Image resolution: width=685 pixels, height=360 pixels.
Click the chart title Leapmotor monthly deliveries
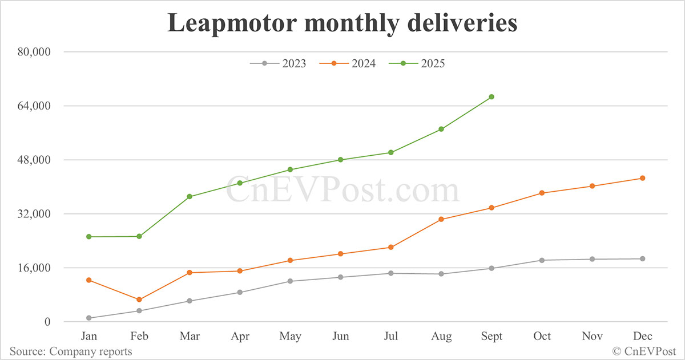coord(342,23)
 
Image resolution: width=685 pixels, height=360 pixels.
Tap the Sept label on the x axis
coord(491,337)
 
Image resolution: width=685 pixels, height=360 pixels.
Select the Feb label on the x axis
coord(139,337)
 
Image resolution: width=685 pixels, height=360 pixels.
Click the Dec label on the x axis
coord(642,337)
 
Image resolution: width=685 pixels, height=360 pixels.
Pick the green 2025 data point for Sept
coord(491,97)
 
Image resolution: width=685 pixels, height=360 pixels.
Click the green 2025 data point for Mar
coord(190,197)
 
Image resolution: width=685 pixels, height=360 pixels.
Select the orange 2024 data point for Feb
coord(139,300)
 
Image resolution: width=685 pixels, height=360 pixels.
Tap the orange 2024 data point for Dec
coord(642,178)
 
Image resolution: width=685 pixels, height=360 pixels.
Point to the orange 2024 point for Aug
coord(441,219)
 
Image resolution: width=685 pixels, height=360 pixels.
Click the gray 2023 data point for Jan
coord(89,318)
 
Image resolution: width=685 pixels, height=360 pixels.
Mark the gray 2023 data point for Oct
coord(542,260)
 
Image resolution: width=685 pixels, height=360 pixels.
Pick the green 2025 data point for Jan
coord(89,237)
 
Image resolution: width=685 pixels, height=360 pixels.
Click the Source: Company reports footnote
coord(71,351)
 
